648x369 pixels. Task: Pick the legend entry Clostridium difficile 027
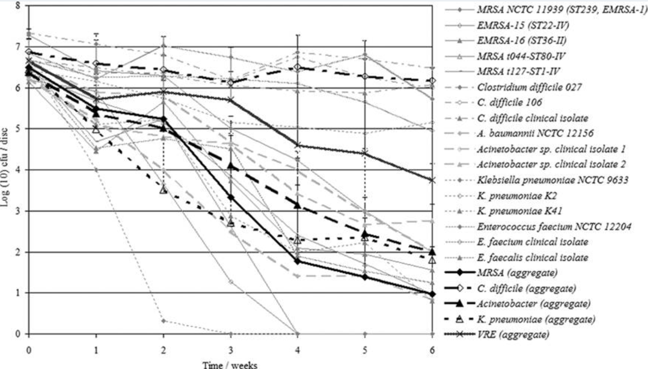(x=529, y=87)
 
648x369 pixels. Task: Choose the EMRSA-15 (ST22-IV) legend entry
(x=523, y=25)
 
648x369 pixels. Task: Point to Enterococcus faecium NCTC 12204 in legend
(x=554, y=226)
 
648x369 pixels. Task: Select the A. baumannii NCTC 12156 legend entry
(x=535, y=133)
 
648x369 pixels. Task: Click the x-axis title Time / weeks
(x=230, y=365)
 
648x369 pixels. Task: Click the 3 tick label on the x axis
(x=231, y=350)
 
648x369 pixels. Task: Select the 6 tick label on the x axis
(x=432, y=350)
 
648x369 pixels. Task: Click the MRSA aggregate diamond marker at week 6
(x=432, y=294)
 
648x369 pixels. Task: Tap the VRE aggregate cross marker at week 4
(x=298, y=145)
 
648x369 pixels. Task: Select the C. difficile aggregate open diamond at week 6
(x=432, y=81)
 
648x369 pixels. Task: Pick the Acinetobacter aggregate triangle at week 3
(x=231, y=166)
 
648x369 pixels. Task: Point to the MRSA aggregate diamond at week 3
(x=231, y=198)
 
